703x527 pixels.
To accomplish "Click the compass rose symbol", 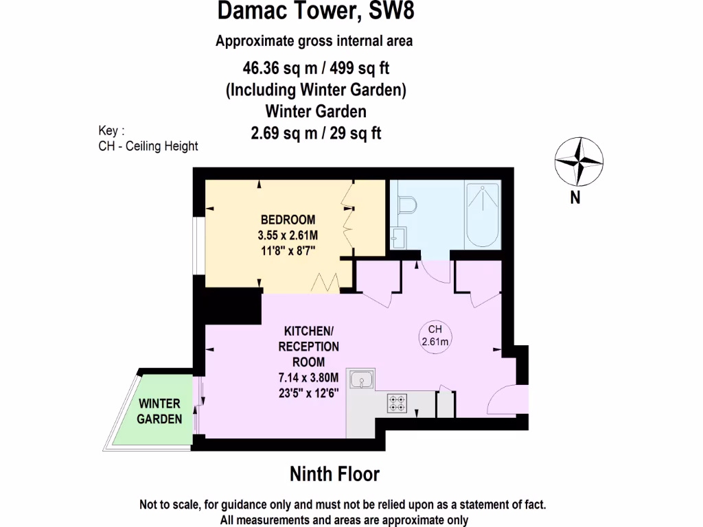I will (x=579, y=162).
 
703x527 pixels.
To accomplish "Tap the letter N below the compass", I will (x=575, y=198).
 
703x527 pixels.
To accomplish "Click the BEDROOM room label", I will (x=288, y=220).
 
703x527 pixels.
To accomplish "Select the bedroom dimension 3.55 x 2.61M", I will (x=288, y=235).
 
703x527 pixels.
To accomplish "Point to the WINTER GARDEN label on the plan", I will (x=159, y=411).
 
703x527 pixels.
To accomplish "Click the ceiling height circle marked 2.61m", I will (x=435, y=336).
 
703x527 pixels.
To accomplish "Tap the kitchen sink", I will (x=361, y=379).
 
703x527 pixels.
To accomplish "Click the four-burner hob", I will (x=397, y=403).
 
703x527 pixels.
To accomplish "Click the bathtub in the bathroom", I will (x=483, y=215).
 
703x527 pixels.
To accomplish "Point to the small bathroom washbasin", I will (x=397, y=239).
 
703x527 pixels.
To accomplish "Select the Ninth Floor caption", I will (x=334, y=473).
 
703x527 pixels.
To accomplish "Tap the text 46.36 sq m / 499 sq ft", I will (x=316, y=67).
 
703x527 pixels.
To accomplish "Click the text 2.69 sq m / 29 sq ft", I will (x=316, y=133).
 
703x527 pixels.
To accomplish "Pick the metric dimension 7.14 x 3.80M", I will (x=308, y=377).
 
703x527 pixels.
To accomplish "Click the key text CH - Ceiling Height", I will (x=148, y=146).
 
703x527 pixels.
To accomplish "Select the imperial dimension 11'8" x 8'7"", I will (x=288, y=250).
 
